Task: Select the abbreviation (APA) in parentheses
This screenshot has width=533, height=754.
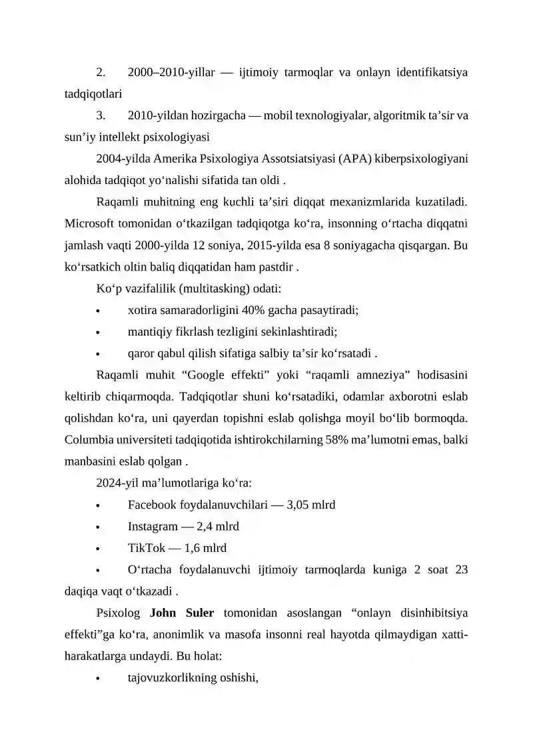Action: coord(354,159)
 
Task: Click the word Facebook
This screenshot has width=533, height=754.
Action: coord(154,505)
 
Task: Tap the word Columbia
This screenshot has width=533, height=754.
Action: coord(89,440)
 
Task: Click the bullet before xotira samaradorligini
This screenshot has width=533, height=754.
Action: coord(98,311)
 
